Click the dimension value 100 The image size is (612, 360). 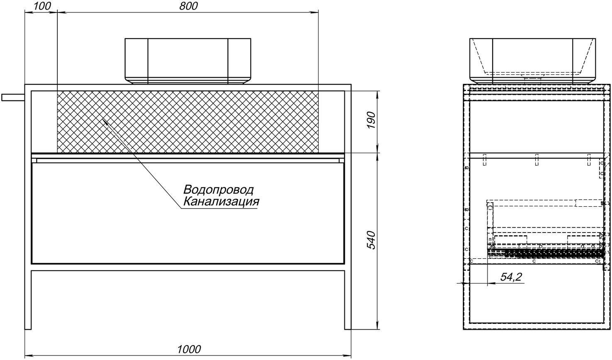pyautogui.click(x=43, y=6)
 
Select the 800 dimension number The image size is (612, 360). pyautogui.click(x=188, y=6)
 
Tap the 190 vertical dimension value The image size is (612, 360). pyautogui.click(x=371, y=120)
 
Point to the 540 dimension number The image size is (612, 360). pyautogui.click(x=371, y=240)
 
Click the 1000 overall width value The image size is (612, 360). pyautogui.click(x=189, y=349)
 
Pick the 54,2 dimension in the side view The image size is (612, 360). pyautogui.click(x=511, y=277)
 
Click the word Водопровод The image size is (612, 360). pyautogui.click(x=218, y=190)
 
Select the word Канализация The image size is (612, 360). pyautogui.click(x=221, y=202)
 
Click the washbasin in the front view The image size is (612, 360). pyautogui.click(x=188, y=61)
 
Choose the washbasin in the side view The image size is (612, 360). pyautogui.click(x=532, y=61)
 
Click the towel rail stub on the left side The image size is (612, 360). pyautogui.click(x=13, y=98)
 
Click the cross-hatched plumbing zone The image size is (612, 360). pyautogui.click(x=188, y=122)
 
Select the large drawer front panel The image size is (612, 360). pyautogui.click(x=188, y=213)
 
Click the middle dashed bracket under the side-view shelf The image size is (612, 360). pyautogui.click(x=536, y=164)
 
